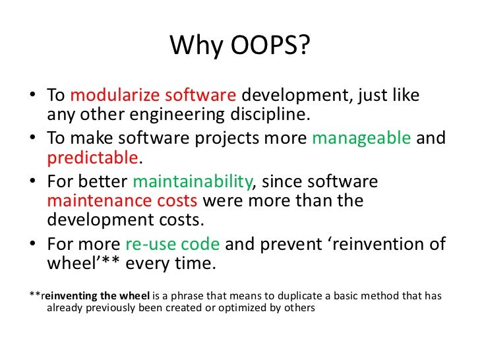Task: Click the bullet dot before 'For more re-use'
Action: pyautogui.click(x=33, y=245)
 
